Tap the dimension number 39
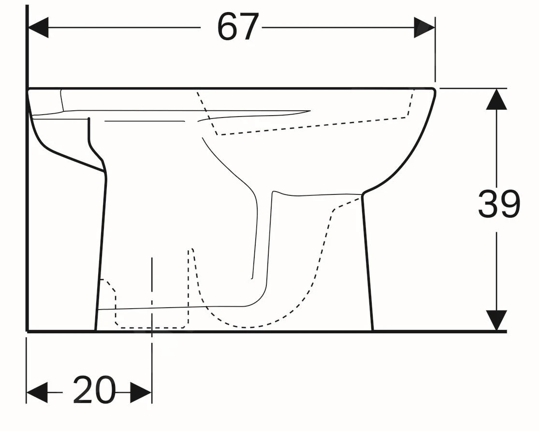[x=498, y=204]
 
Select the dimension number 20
[x=94, y=390]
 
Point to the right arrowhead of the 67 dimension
[x=424, y=27]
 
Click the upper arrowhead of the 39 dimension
[x=496, y=99]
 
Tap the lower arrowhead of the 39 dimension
[x=496, y=320]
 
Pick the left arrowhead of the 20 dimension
[x=37, y=391]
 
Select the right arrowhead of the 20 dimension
[x=141, y=391]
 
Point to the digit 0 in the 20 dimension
[x=105, y=390]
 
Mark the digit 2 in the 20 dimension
[x=84, y=390]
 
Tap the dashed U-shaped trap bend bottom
[x=247, y=326]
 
